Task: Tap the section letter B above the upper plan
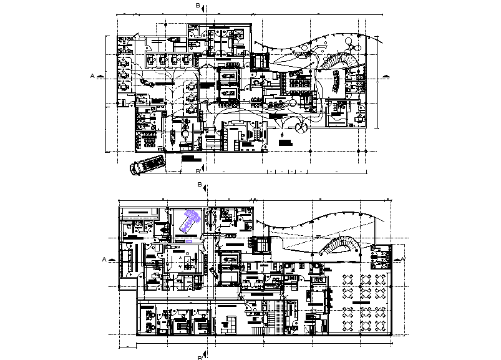tap(198, 6)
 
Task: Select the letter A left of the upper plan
tap(92, 75)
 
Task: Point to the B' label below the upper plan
tap(199, 170)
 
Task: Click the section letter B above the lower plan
tap(199, 185)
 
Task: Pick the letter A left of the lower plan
tap(104, 258)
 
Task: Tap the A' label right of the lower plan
tap(403, 258)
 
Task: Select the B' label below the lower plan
tap(200, 357)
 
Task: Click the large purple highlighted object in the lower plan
tap(190, 221)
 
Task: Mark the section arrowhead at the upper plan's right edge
tap(387, 76)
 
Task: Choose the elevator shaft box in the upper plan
tap(260, 62)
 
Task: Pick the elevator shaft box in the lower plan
tap(262, 245)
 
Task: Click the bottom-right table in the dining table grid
tap(381, 325)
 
